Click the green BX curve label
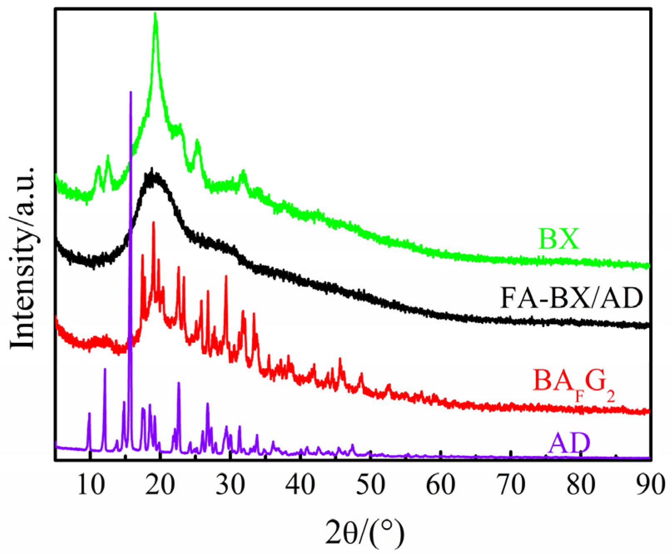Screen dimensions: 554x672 pos(559,239)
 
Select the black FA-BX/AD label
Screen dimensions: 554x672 pos(571,298)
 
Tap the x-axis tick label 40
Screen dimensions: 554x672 pos(300,485)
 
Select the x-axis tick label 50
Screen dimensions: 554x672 pos(371,485)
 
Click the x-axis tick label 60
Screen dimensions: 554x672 pos(441,485)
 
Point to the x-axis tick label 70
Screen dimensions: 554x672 pos(511,485)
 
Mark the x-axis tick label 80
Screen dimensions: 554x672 pos(581,485)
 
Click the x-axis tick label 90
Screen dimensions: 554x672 pos(650,485)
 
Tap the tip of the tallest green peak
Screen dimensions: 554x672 pos(156,14)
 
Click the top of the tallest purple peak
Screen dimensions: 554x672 pos(131,92)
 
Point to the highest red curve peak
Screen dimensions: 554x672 pos(154,223)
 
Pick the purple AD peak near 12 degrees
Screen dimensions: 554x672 pos(105,369)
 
